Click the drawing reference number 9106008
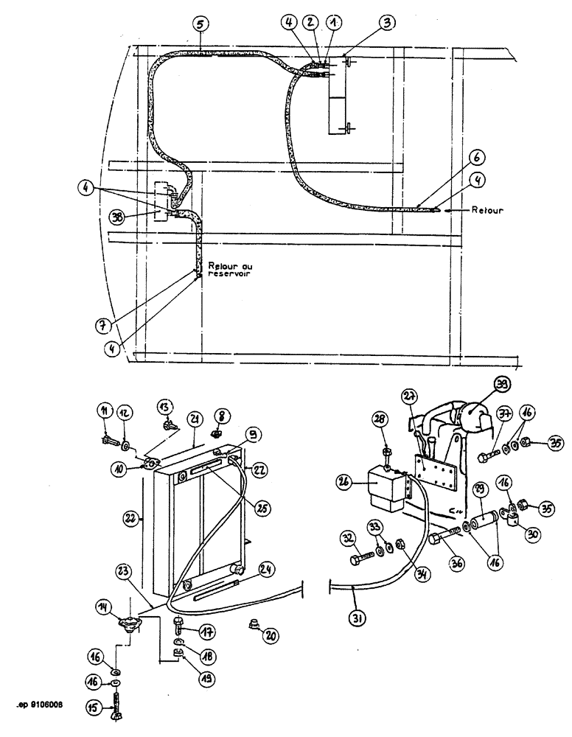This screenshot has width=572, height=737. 41,705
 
